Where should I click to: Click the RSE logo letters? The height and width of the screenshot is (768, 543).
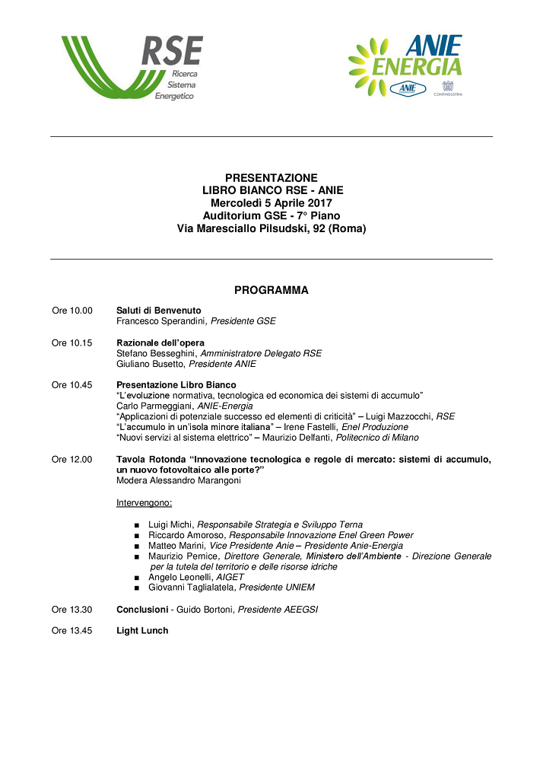pyautogui.click(x=172, y=51)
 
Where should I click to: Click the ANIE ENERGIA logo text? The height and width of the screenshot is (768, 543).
pyautogui.click(x=417, y=57)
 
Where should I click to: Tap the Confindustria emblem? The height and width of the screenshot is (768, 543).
pyautogui.click(x=448, y=86)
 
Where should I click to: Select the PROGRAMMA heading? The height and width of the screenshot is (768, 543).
pyautogui.click(x=271, y=290)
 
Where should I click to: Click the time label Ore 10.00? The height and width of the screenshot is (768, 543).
pyautogui.click(x=72, y=311)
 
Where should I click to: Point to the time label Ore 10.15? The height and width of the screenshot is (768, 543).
pyautogui.click(x=72, y=343)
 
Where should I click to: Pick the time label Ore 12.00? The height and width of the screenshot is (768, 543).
pyautogui.click(x=72, y=459)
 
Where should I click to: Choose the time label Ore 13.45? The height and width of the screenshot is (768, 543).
pyautogui.click(x=72, y=630)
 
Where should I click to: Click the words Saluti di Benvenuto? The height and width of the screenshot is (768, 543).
pyautogui.click(x=158, y=311)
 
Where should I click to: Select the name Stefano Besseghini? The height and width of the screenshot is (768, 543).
pyautogui.click(x=156, y=353)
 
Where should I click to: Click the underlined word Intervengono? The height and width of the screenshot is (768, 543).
pyautogui.click(x=144, y=502)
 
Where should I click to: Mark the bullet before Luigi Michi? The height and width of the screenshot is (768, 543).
pyautogui.click(x=136, y=525)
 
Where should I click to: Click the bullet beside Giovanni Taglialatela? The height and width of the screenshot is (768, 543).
pyautogui.click(x=136, y=588)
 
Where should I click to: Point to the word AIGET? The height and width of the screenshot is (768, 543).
pyautogui.click(x=230, y=577)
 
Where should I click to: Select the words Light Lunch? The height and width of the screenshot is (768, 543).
pyautogui.click(x=142, y=630)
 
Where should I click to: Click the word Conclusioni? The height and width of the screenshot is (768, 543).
pyautogui.click(x=142, y=610)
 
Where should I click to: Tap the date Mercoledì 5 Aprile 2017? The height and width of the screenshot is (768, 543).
pyautogui.click(x=271, y=202)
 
